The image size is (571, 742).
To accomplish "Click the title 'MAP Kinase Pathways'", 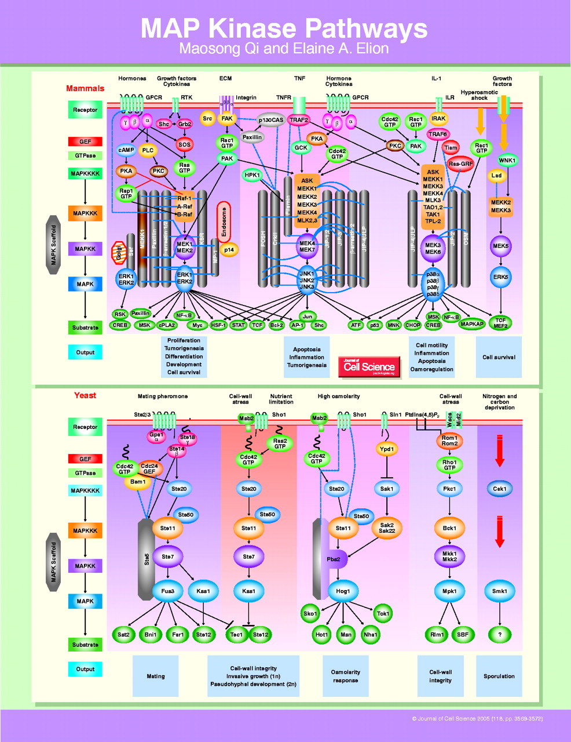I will click(x=284, y=28).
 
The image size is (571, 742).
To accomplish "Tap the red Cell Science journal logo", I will click(x=369, y=366).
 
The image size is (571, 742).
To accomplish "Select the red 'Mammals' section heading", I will click(x=85, y=89).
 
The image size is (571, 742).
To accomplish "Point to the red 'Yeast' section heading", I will click(x=85, y=395).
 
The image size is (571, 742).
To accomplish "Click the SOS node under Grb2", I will click(x=184, y=144).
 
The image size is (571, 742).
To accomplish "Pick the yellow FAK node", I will click(x=226, y=119).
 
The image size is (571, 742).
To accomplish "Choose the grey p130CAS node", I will click(x=271, y=120).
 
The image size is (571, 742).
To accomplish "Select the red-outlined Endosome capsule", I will click(x=224, y=222).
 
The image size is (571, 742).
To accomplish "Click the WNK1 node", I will click(x=507, y=161).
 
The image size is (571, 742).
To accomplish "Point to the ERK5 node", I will click(x=500, y=277).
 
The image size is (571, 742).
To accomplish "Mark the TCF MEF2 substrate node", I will click(x=500, y=323).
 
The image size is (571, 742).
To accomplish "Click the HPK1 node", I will click(x=252, y=175).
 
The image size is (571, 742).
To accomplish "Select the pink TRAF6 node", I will click(x=438, y=134).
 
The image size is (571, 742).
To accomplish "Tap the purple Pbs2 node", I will click(x=337, y=559).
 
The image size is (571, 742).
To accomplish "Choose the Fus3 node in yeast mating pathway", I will click(x=168, y=591).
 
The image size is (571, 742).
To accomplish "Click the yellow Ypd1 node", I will click(x=386, y=449).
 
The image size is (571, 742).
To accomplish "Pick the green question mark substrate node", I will click(x=500, y=634).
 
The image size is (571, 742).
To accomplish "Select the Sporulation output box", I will click(x=499, y=676).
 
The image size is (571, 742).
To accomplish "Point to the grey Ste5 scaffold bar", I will click(x=147, y=559).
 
